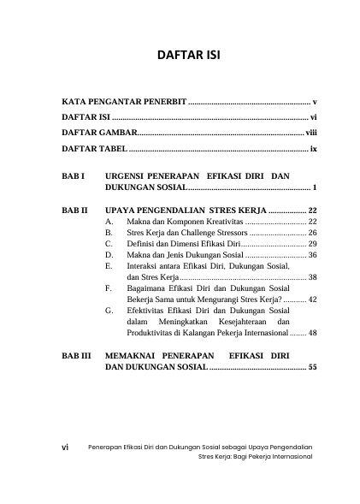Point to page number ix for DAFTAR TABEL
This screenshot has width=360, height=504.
tap(314, 150)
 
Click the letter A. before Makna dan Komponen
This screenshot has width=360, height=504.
tap(108, 222)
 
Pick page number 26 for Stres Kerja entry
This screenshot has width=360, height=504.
tap(312, 233)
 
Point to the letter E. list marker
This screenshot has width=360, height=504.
tap(108, 266)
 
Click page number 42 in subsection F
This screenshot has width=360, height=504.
tap(312, 299)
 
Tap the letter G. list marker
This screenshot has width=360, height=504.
tap(108, 311)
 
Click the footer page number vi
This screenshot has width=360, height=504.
tap(67, 447)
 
